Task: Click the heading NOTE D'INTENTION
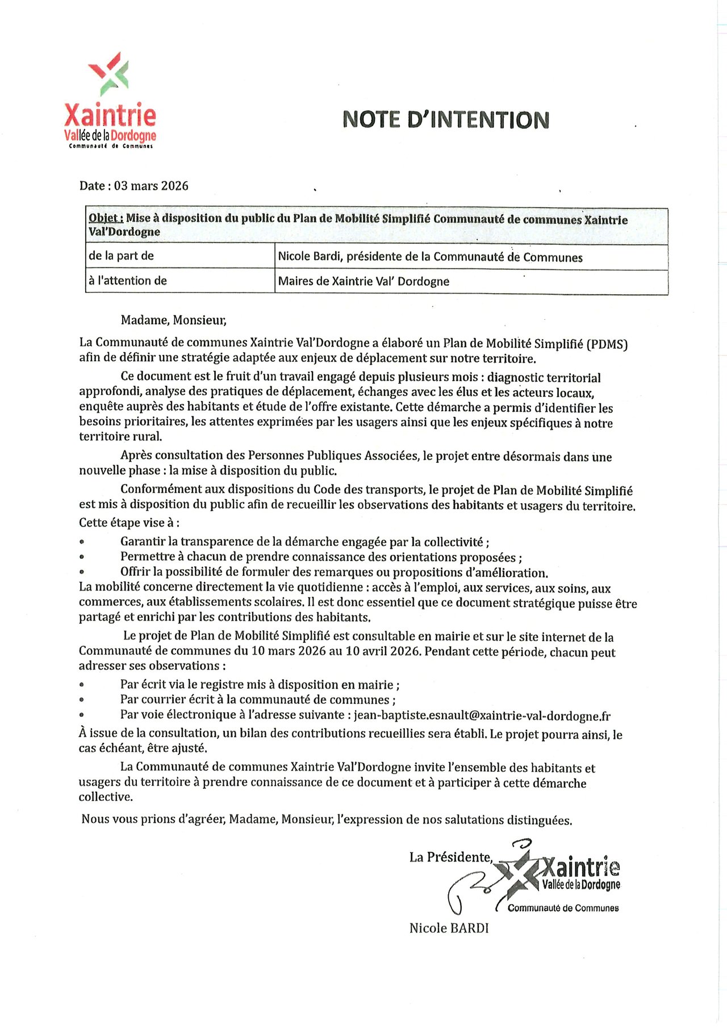point(446,120)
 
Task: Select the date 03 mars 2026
point(151,186)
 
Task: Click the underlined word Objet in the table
point(106,218)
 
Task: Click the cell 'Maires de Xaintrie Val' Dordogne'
point(363,281)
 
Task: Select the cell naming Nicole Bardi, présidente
point(430,257)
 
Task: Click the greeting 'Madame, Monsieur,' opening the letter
point(173,320)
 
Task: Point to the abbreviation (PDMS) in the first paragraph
point(607,344)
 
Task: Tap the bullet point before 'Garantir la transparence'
point(82,542)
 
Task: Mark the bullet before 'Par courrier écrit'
point(82,700)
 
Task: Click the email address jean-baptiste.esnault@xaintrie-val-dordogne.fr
point(482,716)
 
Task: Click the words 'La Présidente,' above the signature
point(451,857)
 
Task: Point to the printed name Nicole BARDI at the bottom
point(449,928)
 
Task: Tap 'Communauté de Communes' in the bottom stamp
point(563,908)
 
